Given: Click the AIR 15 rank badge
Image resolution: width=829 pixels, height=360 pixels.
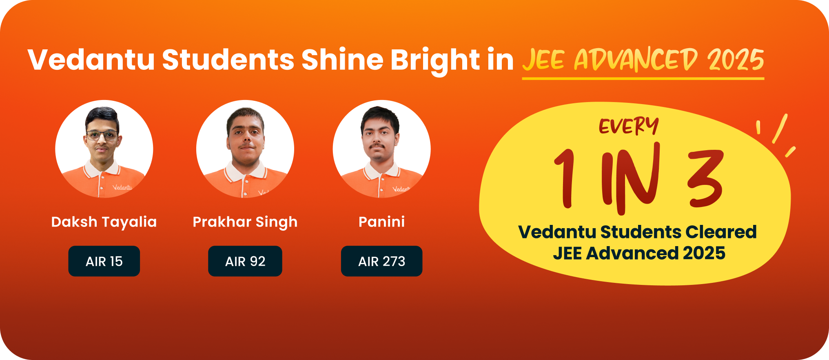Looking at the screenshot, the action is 104,261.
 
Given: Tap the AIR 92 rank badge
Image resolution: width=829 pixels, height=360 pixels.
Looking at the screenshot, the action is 245,261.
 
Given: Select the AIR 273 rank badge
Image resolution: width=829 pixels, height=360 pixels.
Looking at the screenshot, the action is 382,261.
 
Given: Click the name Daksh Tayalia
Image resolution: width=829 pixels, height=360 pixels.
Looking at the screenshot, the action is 104,222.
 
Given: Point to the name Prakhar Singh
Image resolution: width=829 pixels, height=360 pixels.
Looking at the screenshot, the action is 245,222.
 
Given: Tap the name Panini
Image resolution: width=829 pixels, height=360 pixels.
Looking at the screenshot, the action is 382,222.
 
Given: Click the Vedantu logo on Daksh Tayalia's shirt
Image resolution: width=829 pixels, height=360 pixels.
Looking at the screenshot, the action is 122,187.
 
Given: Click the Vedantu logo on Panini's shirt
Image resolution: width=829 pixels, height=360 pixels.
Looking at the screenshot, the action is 401,189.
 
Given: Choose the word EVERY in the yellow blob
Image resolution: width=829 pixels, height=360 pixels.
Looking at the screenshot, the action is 629,126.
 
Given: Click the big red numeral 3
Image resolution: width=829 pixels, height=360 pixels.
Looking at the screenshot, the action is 706,178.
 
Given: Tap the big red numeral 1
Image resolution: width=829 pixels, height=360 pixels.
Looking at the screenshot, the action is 565,178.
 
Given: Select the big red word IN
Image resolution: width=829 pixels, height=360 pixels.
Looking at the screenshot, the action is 631,178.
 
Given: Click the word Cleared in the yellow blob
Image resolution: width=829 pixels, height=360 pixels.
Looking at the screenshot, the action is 721,232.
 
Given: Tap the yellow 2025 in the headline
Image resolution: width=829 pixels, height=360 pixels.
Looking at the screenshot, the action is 736,60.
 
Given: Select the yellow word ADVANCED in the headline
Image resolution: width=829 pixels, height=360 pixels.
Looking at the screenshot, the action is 636,60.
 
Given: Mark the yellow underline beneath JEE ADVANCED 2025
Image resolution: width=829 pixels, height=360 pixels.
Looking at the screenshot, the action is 643,78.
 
